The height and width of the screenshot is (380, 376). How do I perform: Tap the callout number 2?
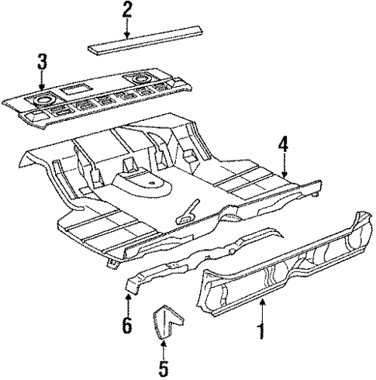point(126,10)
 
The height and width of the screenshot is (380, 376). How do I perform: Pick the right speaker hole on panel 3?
point(142,78)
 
